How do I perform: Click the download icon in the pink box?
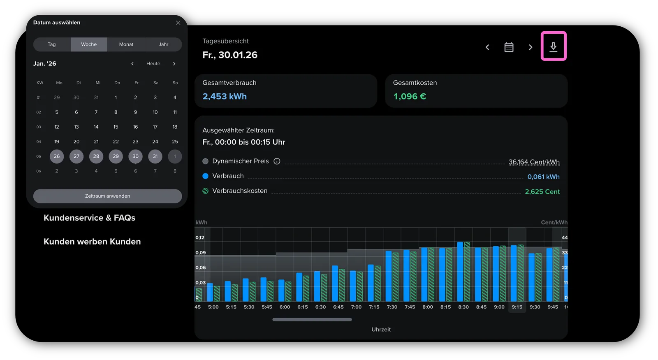pos(554,47)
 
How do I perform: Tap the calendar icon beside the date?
pos(509,47)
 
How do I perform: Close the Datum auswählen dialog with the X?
pos(178,23)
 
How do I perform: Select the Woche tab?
pos(89,44)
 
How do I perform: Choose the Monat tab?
pos(126,44)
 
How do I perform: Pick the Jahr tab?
pos(163,44)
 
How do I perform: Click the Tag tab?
pos(52,44)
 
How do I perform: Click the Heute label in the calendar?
pos(153,63)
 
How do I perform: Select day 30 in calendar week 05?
pos(135,156)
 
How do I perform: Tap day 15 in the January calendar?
pos(116,127)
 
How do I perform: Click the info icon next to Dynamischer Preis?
pos(277,161)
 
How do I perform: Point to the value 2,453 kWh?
pos(225,96)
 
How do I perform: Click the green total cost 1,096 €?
pos(410,96)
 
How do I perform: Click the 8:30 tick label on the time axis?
pos(463,307)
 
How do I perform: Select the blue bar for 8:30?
pos(460,272)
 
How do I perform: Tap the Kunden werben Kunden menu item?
pos(92,241)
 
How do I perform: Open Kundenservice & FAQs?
pos(90,217)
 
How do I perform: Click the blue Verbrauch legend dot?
pos(205,176)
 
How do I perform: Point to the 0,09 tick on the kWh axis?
pos(201,252)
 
